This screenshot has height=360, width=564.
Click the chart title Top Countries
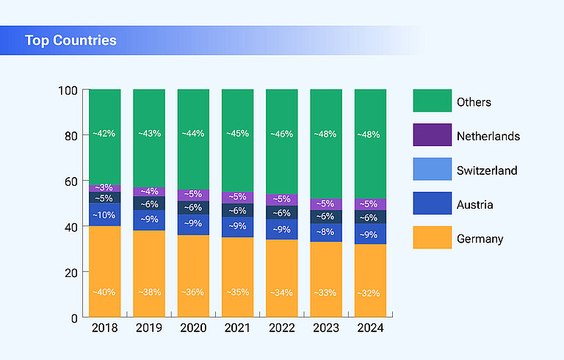click(70, 40)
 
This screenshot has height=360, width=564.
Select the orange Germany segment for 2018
click(105, 272)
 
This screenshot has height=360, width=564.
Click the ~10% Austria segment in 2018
click(105, 215)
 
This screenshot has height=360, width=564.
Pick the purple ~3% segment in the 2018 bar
click(105, 188)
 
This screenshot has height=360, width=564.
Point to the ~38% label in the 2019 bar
click(149, 292)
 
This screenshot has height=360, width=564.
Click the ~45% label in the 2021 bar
click(237, 134)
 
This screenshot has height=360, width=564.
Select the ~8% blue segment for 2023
click(326, 232)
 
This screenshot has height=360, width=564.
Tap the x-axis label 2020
click(193, 328)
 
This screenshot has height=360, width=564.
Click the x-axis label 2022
click(281, 328)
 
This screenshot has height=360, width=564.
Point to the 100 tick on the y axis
click(68, 90)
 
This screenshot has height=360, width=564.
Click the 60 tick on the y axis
click(70, 181)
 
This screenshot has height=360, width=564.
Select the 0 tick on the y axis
click(74, 318)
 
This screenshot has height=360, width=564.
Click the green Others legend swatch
click(432, 101)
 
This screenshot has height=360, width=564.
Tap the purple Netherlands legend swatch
click(432, 136)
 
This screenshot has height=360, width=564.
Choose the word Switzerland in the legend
click(486, 170)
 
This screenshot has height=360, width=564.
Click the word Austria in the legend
click(474, 204)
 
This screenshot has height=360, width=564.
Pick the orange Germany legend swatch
click(432, 238)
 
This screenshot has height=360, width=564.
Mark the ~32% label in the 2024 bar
click(370, 292)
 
